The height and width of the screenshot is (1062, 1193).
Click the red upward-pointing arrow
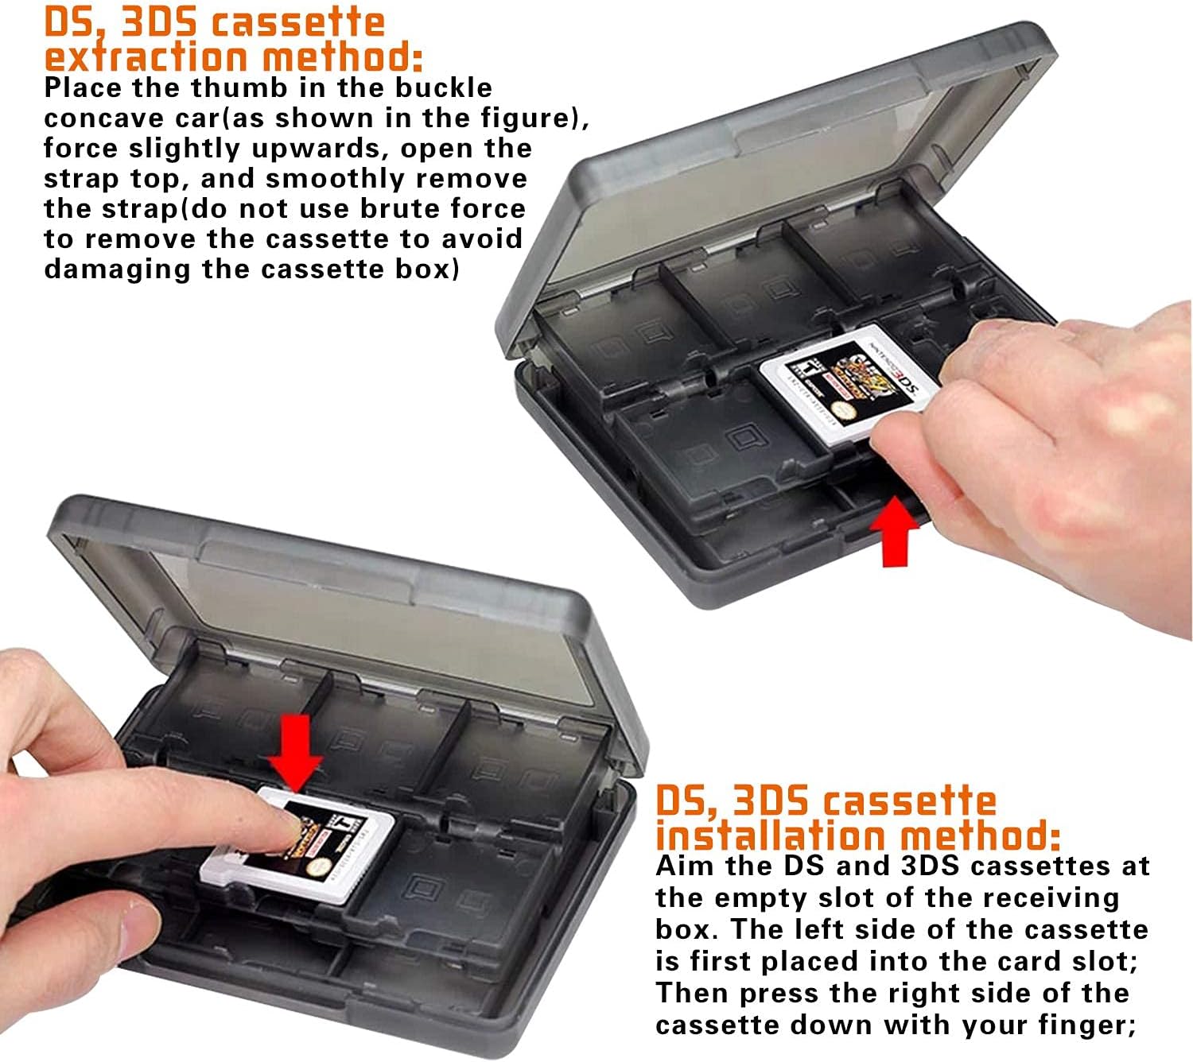(895, 531)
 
